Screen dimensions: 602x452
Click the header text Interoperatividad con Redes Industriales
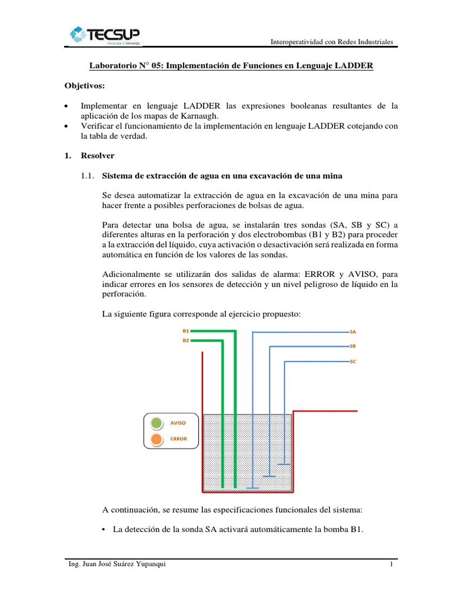[331, 42]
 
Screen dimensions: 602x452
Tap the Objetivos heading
[84, 86]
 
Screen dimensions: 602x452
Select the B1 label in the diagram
[185, 331]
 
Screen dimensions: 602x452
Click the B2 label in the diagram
[185, 340]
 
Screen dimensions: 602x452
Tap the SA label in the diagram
[353, 332]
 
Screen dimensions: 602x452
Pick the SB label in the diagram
[353, 346]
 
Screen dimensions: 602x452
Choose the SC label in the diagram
[353, 362]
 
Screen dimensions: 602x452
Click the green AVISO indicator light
[157, 422]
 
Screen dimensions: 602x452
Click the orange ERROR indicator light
[157, 439]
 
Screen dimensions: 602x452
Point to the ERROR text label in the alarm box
[178, 439]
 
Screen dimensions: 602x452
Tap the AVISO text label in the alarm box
[178, 422]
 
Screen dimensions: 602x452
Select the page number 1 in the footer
[391, 566]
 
